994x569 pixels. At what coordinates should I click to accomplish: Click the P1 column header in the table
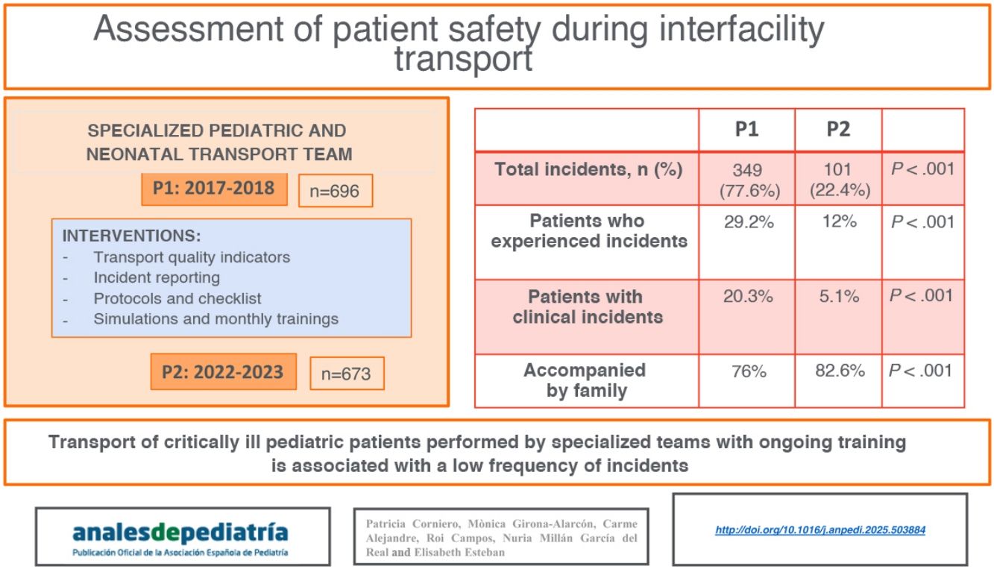click(746, 130)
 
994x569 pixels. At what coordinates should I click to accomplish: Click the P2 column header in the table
click(838, 130)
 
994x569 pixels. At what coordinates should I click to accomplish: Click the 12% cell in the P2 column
click(839, 222)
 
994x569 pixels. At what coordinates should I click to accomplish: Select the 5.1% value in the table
click(839, 297)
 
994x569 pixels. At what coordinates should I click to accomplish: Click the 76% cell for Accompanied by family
click(748, 371)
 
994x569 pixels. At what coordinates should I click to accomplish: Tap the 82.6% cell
click(839, 371)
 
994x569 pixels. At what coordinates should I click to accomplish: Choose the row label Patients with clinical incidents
click(587, 306)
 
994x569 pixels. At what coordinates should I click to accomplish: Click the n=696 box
click(335, 192)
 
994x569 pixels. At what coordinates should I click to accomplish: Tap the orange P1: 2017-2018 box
click(214, 189)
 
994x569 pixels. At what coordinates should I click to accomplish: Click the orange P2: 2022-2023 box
click(223, 371)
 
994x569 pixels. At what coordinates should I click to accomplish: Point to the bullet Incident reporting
click(157, 277)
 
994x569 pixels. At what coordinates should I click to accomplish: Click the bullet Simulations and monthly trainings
click(216, 318)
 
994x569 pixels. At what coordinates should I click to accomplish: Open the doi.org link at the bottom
click(820, 530)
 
